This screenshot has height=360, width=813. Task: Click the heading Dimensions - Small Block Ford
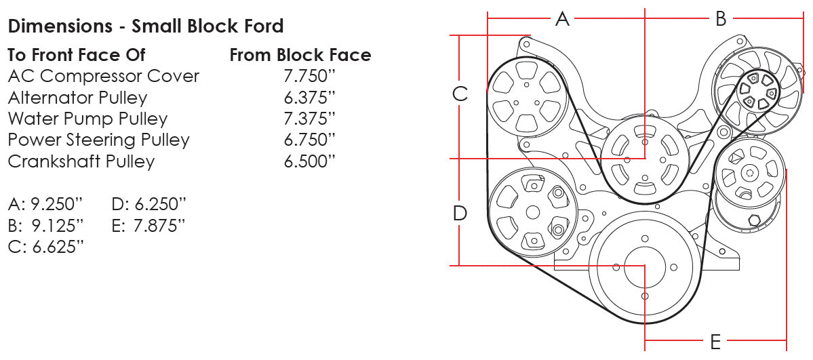click(x=145, y=26)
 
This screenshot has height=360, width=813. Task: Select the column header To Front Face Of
click(x=76, y=55)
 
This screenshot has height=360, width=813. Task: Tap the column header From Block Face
click(x=300, y=55)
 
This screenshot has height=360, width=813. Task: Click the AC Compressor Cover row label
click(x=103, y=76)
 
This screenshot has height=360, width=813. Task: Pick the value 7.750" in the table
click(x=310, y=76)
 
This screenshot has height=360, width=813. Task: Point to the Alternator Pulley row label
click(x=77, y=98)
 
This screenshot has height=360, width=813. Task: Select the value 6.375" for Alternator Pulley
click(x=310, y=98)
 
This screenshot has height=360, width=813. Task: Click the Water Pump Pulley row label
click(x=87, y=119)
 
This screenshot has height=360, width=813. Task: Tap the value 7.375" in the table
click(x=310, y=119)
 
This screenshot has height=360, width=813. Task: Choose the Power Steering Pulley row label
click(x=98, y=140)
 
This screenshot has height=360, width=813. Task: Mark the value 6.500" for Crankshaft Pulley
click(x=310, y=162)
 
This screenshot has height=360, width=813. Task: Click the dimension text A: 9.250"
click(x=46, y=204)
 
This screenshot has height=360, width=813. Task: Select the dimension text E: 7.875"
click(x=148, y=225)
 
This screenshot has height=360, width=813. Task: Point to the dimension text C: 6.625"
click(x=46, y=247)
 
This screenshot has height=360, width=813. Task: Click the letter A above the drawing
click(x=562, y=19)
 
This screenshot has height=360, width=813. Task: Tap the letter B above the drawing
click(x=721, y=19)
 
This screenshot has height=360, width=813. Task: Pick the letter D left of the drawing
click(x=460, y=214)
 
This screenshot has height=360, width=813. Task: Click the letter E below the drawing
click(x=715, y=342)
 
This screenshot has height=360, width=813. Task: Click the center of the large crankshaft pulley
click(x=643, y=266)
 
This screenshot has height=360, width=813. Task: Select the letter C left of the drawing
click(x=460, y=94)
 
